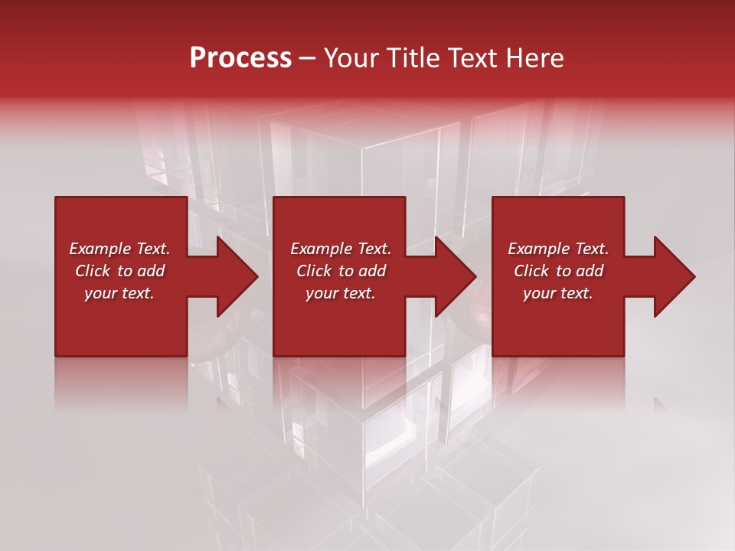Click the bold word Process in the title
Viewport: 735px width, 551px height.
pos(240,58)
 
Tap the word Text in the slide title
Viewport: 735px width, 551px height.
pos(472,58)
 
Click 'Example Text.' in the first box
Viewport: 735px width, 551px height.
pos(119,249)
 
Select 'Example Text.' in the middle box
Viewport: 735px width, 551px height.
pos(341,249)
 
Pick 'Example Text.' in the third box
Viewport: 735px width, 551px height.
pos(558,249)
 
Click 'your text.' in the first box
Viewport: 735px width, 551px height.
pos(119,293)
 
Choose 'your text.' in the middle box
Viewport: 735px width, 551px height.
pos(341,293)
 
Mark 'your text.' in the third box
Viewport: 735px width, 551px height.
pos(558,293)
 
